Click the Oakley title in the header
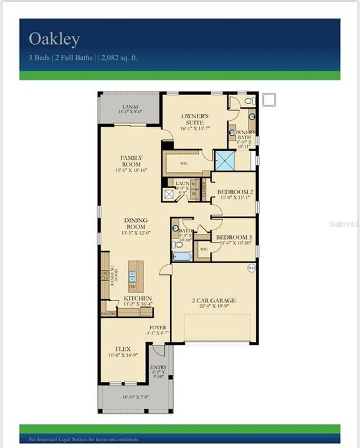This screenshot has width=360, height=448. (x=54, y=40)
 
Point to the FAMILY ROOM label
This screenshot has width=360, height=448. (x=131, y=161)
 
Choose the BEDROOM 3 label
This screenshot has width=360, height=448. (x=234, y=238)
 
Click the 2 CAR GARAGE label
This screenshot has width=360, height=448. (x=214, y=301)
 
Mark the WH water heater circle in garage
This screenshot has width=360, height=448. (x=252, y=268)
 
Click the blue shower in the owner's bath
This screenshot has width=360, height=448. (x=224, y=160)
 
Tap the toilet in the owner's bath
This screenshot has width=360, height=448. (x=249, y=100)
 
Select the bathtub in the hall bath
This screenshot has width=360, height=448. (x=182, y=256)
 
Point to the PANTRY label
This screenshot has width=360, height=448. (x=108, y=314)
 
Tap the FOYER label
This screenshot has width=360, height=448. (x=158, y=327)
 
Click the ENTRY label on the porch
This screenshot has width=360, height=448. (x=158, y=368)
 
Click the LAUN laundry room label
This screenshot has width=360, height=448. (x=182, y=184)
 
